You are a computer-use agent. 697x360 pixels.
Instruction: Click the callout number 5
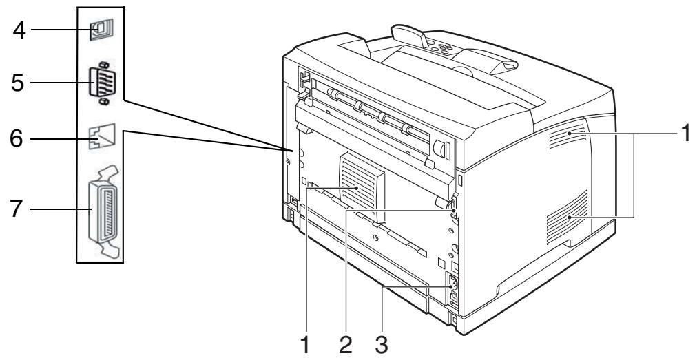tap(15, 84)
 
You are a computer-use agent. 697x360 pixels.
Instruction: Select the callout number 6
tap(15, 138)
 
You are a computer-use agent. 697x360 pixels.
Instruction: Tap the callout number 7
tap(15, 207)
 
